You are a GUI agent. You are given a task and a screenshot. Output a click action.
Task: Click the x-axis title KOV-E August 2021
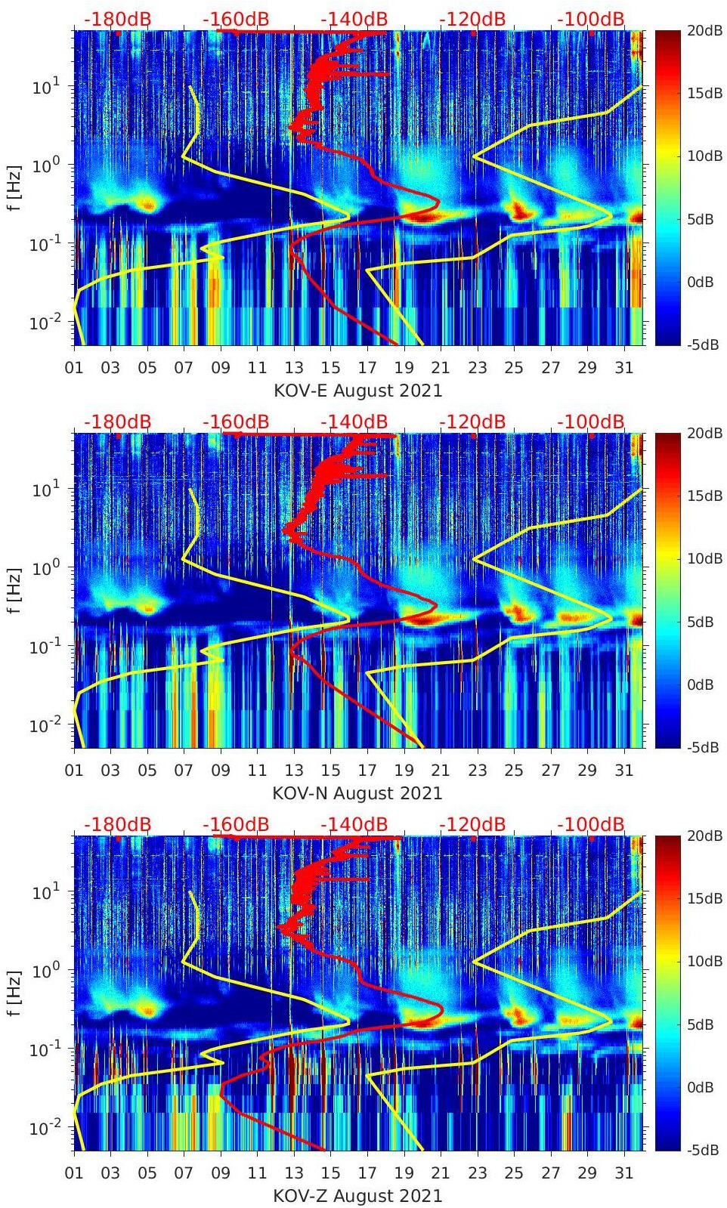click(x=357, y=391)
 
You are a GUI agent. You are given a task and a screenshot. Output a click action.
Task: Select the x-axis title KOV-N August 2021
click(x=357, y=793)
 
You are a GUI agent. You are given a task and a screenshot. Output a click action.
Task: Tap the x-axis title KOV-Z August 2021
click(x=357, y=1196)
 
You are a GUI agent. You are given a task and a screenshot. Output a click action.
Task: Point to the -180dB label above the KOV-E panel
click(x=117, y=19)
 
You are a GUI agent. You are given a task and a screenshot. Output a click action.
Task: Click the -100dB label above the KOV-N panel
click(x=591, y=422)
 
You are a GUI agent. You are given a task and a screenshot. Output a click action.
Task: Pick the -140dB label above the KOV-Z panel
click(x=354, y=824)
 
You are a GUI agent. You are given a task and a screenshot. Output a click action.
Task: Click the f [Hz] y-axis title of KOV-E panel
click(x=14, y=187)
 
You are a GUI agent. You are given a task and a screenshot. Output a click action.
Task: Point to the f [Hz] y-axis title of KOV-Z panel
click(x=14, y=993)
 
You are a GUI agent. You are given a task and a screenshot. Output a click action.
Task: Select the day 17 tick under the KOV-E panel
click(x=367, y=368)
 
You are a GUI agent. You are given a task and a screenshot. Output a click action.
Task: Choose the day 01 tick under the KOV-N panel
click(x=74, y=771)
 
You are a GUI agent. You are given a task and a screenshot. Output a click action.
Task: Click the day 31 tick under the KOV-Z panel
click(x=623, y=1173)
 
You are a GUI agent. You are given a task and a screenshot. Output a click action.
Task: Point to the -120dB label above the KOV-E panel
click(x=472, y=19)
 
